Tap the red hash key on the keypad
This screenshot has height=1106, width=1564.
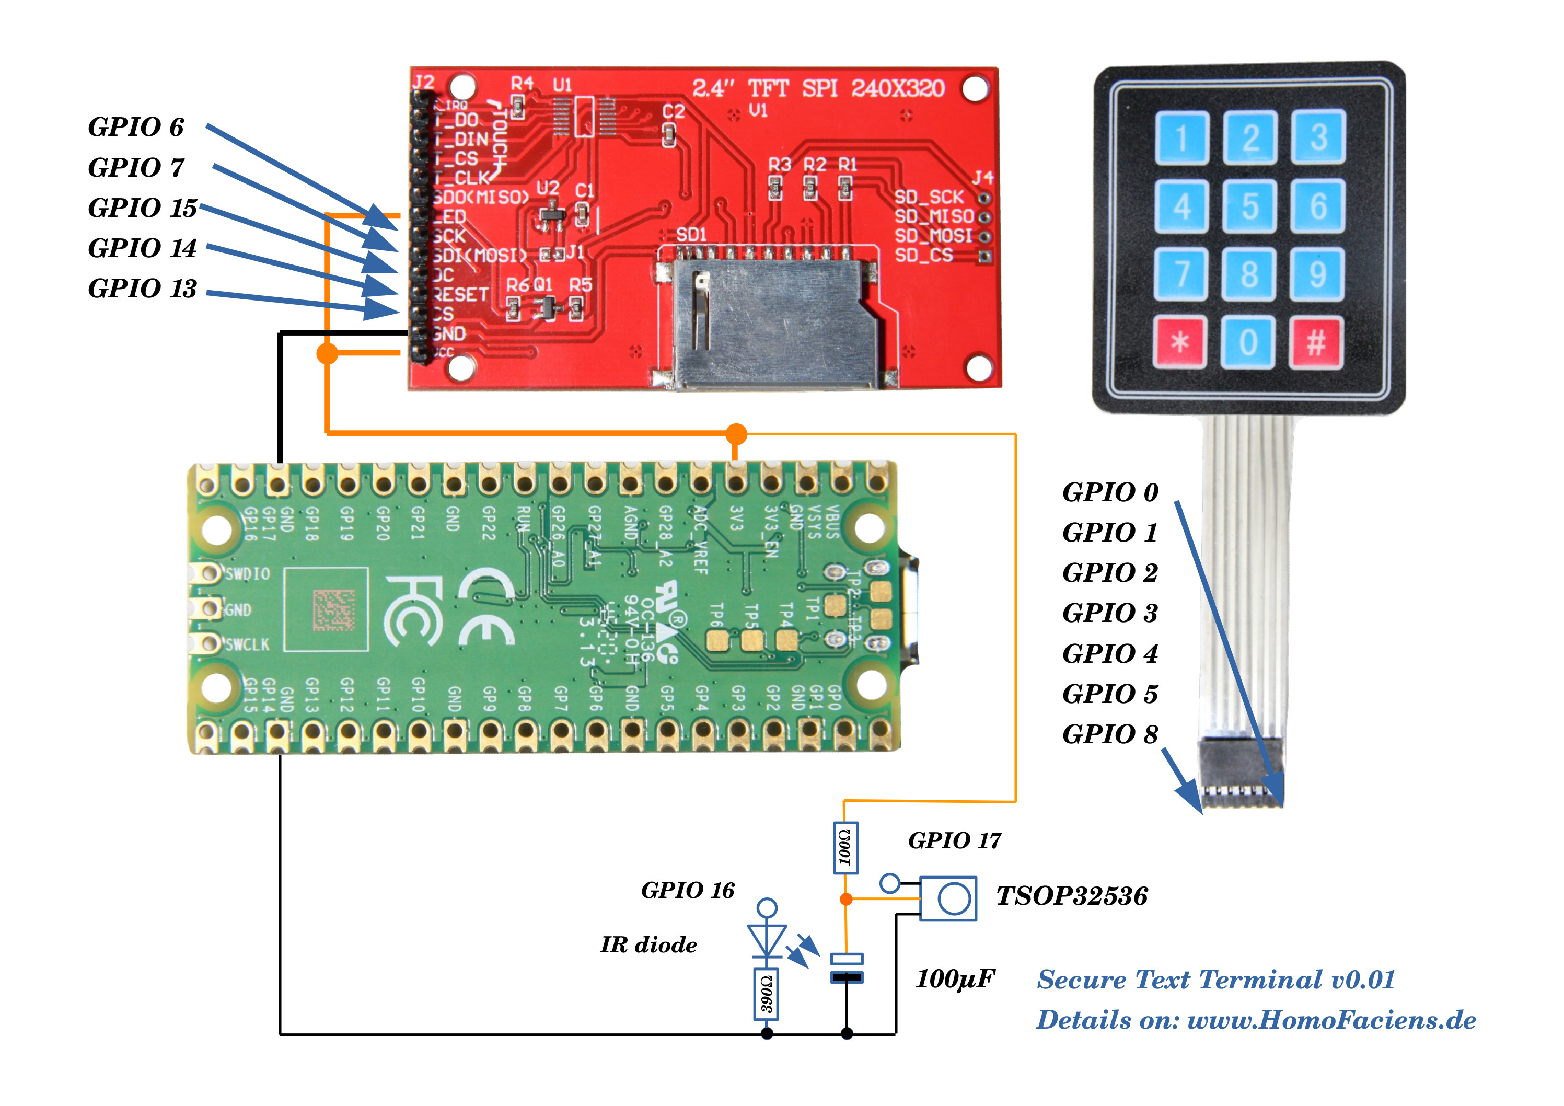click(x=1315, y=342)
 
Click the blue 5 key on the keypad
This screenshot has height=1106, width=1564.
click(x=1249, y=206)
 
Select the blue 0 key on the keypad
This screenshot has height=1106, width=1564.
click(x=1248, y=342)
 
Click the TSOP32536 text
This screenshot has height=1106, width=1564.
click(x=1072, y=896)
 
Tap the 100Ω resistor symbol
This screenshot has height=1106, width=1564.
click(x=845, y=848)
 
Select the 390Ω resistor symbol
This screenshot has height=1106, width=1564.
click(x=767, y=994)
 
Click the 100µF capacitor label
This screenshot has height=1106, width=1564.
click(x=954, y=980)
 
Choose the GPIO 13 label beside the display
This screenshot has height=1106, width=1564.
click(x=142, y=289)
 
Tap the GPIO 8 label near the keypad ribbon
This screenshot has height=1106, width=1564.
click(x=1110, y=734)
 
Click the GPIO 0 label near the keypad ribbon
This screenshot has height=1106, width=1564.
click(x=1110, y=492)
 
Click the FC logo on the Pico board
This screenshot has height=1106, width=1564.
click(x=413, y=610)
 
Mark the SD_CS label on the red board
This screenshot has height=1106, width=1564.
click(x=923, y=256)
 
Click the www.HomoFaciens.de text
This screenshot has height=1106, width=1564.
click(x=1331, y=1020)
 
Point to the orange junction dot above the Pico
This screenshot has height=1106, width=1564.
click(x=736, y=433)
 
